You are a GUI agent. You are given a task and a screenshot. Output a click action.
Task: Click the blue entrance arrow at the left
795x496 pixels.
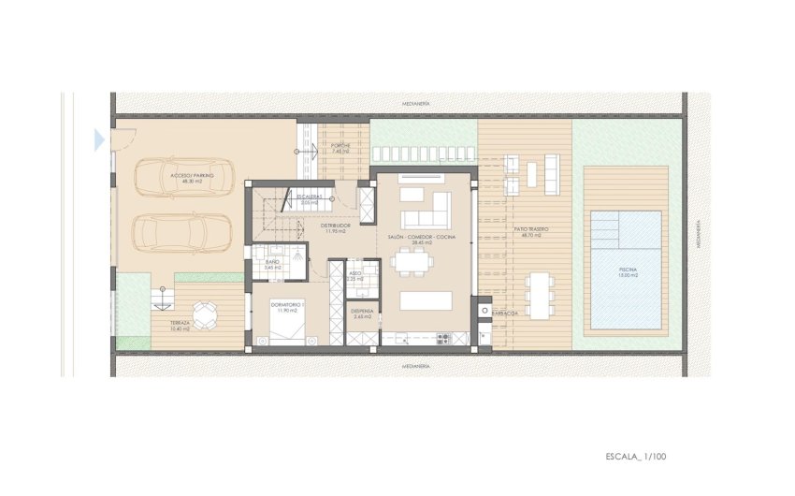(99, 140)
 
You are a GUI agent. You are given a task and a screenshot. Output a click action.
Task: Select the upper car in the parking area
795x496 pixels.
(183, 177)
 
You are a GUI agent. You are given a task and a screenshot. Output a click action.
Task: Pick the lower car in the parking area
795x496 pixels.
(183, 233)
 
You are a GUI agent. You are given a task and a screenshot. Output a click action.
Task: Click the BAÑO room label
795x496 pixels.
(272, 264)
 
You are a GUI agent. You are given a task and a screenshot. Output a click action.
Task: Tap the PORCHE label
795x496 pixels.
(340, 146)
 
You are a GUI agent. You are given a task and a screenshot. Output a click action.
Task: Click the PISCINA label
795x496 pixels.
(627, 271)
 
